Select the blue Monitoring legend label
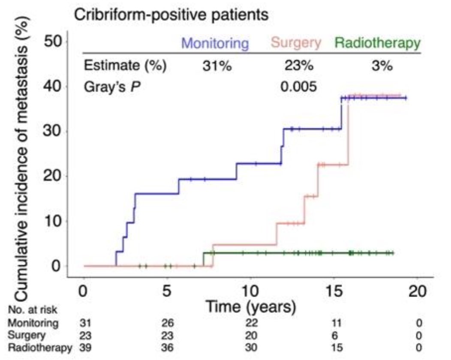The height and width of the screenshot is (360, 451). [x=215, y=43]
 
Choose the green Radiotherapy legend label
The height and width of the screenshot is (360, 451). [x=377, y=43]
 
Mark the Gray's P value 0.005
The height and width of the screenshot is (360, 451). [x=298, y=87]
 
